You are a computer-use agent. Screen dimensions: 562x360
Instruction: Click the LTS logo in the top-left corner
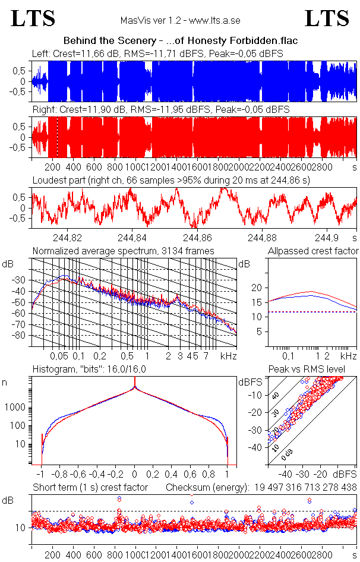tap(33, 18)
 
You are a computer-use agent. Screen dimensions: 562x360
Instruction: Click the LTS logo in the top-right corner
tap(327, 18)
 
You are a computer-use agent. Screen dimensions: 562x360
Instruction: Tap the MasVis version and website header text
tap(180, 21)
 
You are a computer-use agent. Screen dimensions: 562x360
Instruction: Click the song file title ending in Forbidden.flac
tap(180, 40)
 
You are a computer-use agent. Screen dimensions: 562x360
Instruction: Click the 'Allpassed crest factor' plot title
tap(313, 251)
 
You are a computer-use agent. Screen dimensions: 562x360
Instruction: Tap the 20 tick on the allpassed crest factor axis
tap(256, 288)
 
